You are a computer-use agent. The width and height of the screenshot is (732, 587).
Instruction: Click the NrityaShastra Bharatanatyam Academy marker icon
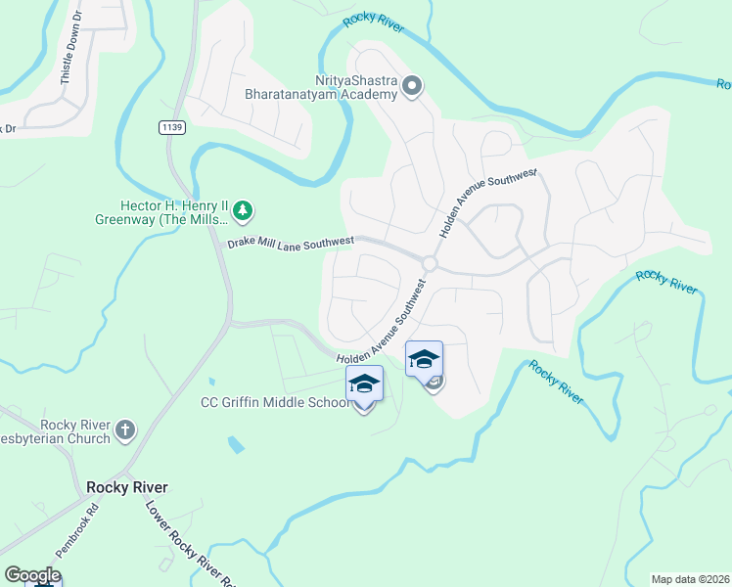tap(412, 87)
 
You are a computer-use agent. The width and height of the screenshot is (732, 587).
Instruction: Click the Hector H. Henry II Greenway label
tap(173, 212)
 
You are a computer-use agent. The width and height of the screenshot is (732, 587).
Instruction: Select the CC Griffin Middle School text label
tap(274, 402)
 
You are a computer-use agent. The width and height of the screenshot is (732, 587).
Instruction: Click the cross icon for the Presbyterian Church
tap(124, 429)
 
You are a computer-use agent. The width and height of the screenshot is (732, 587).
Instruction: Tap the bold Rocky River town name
tap(126, 487)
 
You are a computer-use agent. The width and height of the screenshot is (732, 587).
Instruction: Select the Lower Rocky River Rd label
tap(192, 544)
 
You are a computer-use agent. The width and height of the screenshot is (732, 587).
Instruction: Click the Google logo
tap(32, 575)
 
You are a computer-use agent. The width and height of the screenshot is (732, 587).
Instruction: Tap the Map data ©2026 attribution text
tap(690, 578)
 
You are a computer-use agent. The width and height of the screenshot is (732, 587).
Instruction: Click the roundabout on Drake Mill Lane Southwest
tap(429, 263)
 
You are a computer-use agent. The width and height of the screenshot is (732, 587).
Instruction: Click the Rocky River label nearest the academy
tap(373, 24)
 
